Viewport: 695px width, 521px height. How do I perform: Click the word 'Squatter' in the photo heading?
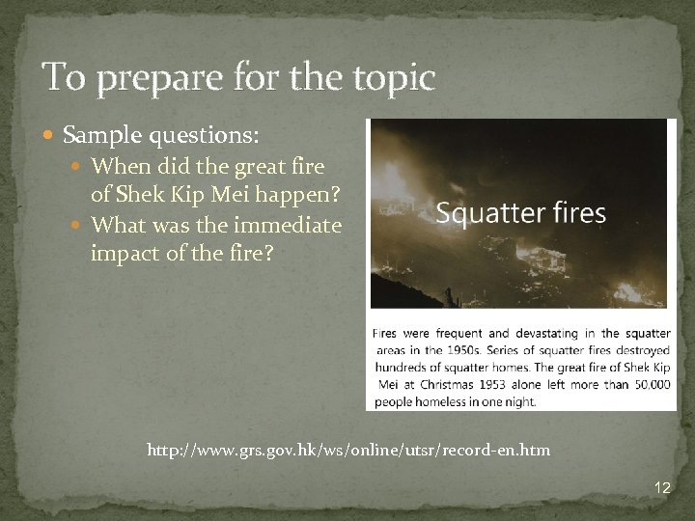(482, 212)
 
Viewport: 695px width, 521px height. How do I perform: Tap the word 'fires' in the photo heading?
(579, 212)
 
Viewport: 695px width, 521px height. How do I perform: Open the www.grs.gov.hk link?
(348, 450)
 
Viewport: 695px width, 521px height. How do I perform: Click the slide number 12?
(661, 488)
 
